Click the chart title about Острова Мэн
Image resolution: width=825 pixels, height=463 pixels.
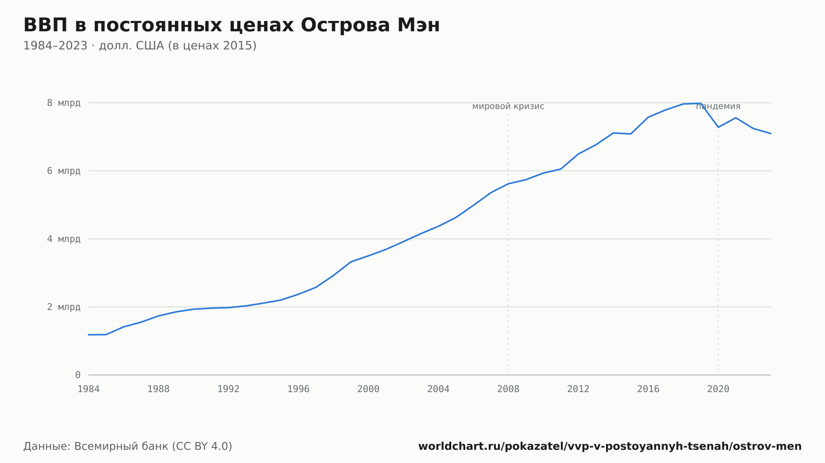click(231, 25)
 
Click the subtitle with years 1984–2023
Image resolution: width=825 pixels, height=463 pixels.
click(140, 46)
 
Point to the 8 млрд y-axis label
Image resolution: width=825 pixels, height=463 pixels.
click(64, 103)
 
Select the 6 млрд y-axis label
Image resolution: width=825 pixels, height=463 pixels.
click(64, 171)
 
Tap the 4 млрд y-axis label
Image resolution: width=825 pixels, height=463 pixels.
click(64, 239)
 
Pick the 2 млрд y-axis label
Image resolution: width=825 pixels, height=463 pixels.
click(64, 307)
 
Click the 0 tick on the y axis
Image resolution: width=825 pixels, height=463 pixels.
click(78, 375)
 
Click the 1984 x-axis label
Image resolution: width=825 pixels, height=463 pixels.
click(89, 389)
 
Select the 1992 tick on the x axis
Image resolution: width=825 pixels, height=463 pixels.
click(229, 389)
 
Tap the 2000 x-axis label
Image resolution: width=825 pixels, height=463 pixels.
click(368, 389)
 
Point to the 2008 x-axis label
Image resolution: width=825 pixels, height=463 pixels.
click(508, 389)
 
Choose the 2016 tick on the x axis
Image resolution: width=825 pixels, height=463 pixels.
click(648, 389)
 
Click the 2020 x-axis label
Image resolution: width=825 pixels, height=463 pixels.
click(718, 389)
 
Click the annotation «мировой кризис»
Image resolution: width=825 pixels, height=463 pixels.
click(508, 107)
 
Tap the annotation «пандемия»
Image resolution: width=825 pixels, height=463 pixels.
click(718, 107)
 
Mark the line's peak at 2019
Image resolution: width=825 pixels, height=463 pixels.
click(700, 103)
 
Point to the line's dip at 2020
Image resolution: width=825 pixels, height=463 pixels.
click(718, 127)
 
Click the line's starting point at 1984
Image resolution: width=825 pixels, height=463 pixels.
click(89, 335)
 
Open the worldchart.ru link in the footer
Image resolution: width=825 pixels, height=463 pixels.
click(610, 447)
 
